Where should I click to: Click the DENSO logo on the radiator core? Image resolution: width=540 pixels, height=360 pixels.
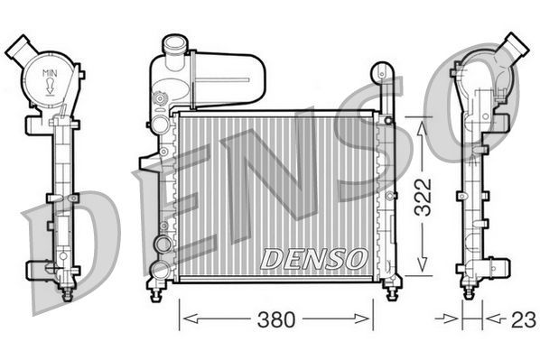(x=313, y=258)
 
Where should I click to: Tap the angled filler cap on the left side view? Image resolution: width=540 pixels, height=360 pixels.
(x=19, y=48)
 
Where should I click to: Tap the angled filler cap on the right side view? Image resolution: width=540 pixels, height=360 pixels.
(x=516, y=44)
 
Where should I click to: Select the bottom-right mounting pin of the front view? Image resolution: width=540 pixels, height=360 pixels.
(x=390, y=291)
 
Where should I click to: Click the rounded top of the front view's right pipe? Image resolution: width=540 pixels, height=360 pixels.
(x=383, y=69)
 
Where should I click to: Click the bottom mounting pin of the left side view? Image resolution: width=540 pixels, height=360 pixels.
(x=65, y=291)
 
